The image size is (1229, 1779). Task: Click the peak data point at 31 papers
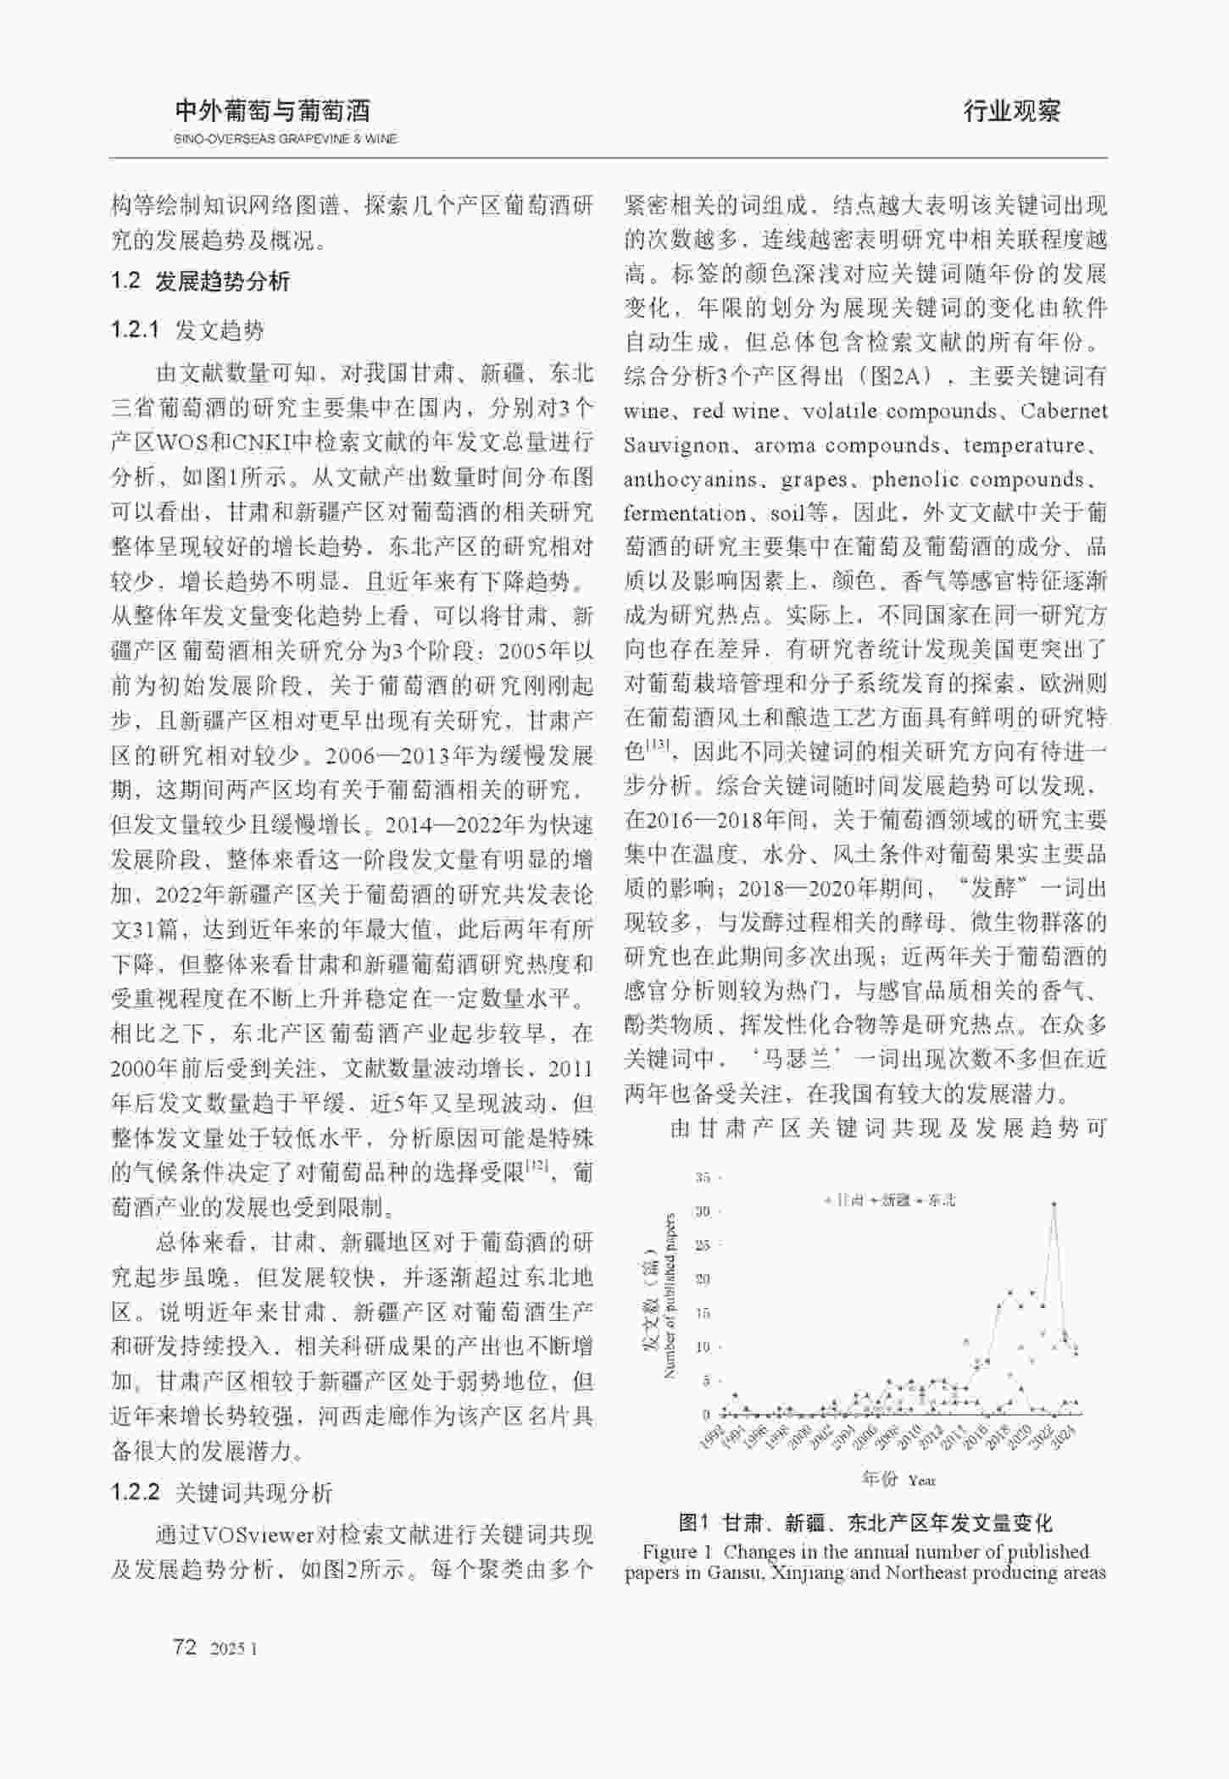[1054, 1204]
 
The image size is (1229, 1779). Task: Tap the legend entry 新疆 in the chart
[895, 1200]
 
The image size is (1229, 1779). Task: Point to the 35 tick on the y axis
[703, 1177]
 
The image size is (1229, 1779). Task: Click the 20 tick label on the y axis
[703, 1278]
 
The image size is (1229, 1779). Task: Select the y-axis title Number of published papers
[670, 1296]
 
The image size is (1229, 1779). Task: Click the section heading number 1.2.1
[135, 330]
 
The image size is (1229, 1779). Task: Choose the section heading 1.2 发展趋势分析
[200, 281]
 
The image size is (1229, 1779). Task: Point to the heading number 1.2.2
[135, 1492]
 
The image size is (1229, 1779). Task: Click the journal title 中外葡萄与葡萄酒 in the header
[272, 111]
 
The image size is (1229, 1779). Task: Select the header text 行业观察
[1012, 111]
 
